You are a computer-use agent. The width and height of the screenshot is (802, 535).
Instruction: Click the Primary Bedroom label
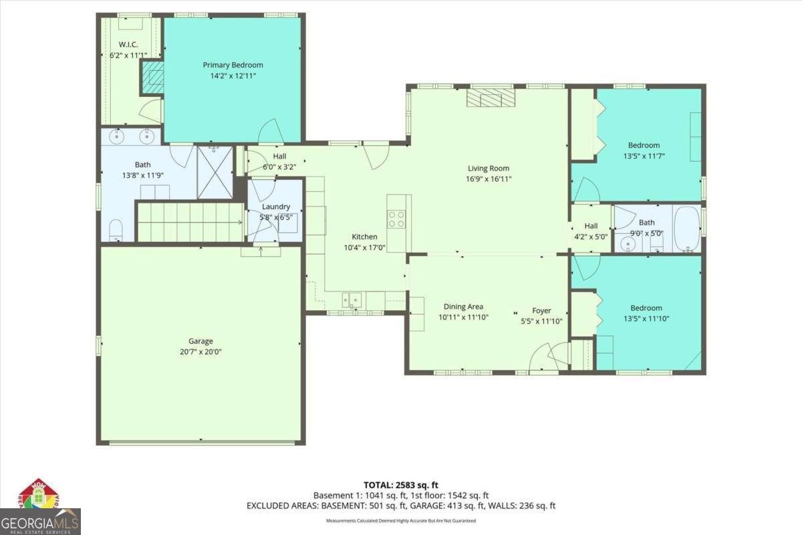[233, 65]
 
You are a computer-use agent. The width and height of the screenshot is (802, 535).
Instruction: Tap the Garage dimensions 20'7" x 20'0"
[200, 352]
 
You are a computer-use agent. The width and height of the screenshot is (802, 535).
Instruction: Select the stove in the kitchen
[396, 219]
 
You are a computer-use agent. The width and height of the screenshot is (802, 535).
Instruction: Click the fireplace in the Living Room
[491, 98]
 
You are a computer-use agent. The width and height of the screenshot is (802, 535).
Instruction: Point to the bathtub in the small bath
[687, 229]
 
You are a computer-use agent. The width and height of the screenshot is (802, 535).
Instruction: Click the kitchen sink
[352, 300]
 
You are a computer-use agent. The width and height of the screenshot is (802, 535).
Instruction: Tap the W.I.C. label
[128, 45]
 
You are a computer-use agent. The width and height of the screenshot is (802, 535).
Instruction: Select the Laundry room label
[276, 207]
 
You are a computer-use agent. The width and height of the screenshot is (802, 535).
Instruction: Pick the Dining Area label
[463, 307]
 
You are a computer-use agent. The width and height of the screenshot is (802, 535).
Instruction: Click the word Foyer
[541, 310]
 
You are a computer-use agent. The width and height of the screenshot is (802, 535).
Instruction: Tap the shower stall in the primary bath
[215, 173]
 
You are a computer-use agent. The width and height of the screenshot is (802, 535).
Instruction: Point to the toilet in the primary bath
[116, 229]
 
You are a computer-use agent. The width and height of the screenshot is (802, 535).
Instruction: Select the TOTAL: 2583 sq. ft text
[400, 484]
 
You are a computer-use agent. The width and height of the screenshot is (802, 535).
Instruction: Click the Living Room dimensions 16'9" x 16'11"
[489, 179]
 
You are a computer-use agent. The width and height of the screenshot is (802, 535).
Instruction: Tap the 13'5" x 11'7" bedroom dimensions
[644, 156]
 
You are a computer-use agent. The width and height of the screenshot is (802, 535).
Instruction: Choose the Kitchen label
[365, 237]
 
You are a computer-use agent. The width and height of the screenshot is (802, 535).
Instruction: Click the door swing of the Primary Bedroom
[270, 132]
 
